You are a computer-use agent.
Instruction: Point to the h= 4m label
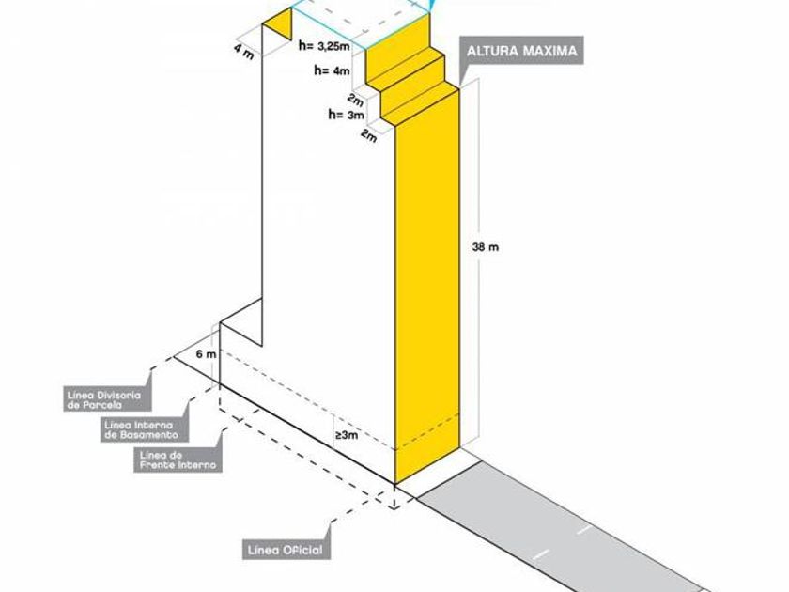pos(332,70)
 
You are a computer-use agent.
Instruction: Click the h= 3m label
pos(345,114)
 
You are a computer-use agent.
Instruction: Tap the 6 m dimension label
pos(206,354)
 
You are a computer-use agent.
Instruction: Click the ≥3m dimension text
pos(347,436)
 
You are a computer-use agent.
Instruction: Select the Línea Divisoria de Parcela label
pos(104,399)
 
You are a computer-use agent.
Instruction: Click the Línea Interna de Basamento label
pos(141,429)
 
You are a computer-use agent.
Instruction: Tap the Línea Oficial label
pos(285,549)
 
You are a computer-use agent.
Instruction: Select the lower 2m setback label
pos(368,135)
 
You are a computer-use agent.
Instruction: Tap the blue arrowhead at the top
pos(431,5)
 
